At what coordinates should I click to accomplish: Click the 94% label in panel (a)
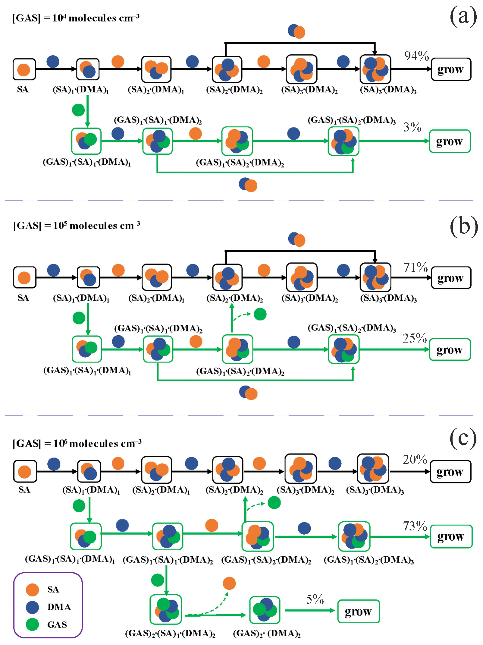coord(416,56)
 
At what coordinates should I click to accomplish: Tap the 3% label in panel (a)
coord(412,127)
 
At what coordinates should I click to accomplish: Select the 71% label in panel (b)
coord(416,267)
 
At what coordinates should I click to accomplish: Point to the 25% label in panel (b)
coord(415,338)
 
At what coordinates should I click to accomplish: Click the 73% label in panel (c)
coord(415,526)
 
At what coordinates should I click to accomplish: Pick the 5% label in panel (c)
coord(315,599)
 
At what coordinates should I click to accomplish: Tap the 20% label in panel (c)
coord(415,459)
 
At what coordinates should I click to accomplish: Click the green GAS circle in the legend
coord(32,624)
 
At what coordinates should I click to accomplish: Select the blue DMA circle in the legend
coord(32,607)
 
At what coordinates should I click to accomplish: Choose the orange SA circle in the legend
coord(32,590)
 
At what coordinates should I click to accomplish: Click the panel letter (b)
coord(463,226)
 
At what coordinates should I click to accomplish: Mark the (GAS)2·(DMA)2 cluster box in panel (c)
coord(265,610)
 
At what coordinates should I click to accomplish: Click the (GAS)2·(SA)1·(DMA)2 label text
coord(170,633)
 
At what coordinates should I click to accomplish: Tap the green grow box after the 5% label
coord(358,611)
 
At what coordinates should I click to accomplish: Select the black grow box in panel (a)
coord(451,69)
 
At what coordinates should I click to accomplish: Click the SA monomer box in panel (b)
coord(24,277)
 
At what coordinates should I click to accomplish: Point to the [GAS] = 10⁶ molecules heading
coord(77,443)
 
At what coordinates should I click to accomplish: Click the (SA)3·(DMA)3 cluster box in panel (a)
coord(375,69)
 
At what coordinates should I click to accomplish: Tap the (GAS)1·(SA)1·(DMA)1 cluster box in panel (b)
coord(87,349)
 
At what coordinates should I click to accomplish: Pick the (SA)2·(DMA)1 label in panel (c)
coord(161,490)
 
